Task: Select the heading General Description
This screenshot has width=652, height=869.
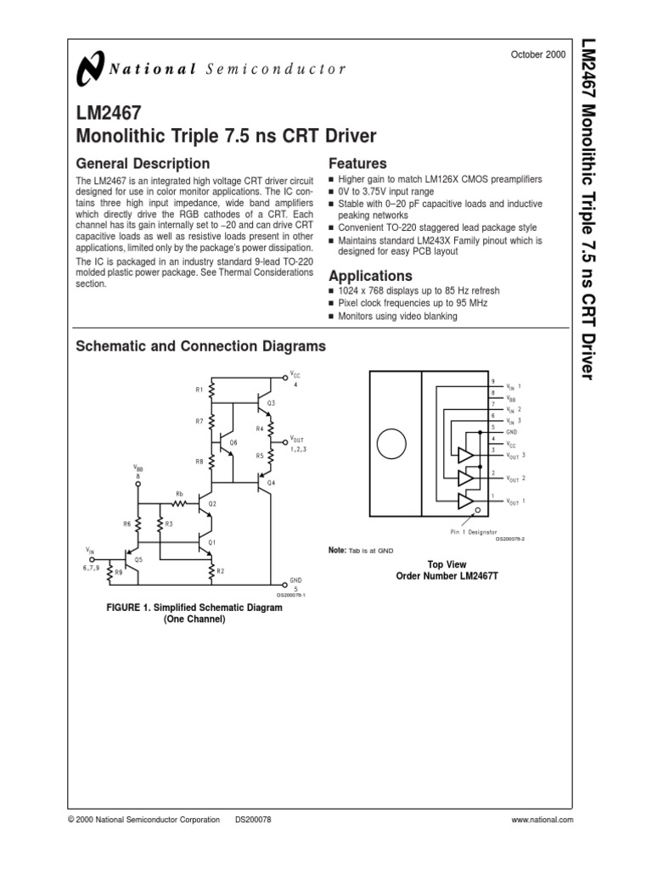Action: [143, 164]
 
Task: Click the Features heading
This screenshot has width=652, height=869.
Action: [357, 164]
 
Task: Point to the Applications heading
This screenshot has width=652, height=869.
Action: [370, 276]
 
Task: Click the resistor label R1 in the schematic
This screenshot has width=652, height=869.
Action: [200, 390]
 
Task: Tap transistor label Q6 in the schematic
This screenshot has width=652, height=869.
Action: [233, 443]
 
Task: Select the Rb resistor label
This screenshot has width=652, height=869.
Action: [180, 493]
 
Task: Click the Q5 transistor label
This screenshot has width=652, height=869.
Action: [139, 560]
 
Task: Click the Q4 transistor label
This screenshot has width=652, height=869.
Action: [272, 482]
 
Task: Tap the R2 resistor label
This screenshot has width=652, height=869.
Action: [220, 571]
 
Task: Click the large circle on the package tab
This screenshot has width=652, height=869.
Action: [391, 443]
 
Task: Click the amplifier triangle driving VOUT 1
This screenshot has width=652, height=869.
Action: [465, 502]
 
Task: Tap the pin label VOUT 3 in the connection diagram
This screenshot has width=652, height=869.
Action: [515, 456]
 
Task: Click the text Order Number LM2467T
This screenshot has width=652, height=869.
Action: [436, 576]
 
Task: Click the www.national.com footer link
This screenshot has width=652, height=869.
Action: [543, 820]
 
